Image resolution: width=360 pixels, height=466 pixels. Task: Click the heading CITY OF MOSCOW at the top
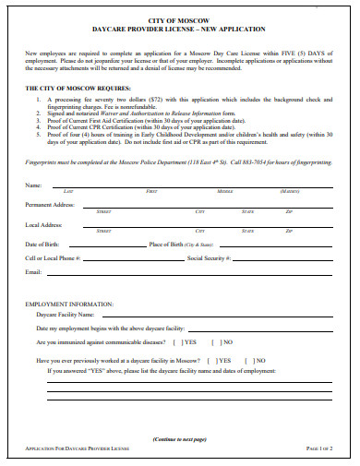(x=179, y=19)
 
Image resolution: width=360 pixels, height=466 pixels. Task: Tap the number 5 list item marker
(x=38, y=133)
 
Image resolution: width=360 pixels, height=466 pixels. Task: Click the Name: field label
(x=34, y=185)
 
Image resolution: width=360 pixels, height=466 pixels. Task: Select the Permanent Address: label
(x=51, y=203)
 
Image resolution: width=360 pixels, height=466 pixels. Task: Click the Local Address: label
(x=44, y=225)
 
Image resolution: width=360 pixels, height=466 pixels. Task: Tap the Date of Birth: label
(x=44, y=244)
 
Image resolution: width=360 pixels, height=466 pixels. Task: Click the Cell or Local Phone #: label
(x=57, y=258)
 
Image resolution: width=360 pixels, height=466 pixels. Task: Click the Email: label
(x=34, y=272)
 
